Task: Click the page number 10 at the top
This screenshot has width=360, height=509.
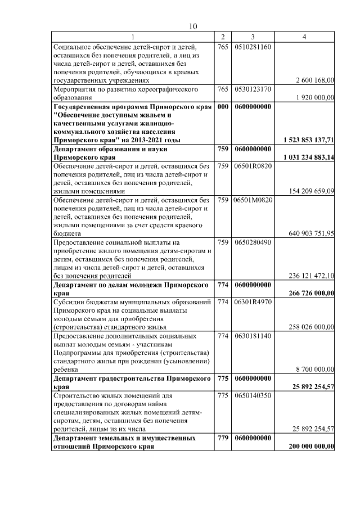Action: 193,26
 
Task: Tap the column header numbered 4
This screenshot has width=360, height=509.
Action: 304,37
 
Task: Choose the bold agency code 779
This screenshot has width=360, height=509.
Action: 223,438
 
